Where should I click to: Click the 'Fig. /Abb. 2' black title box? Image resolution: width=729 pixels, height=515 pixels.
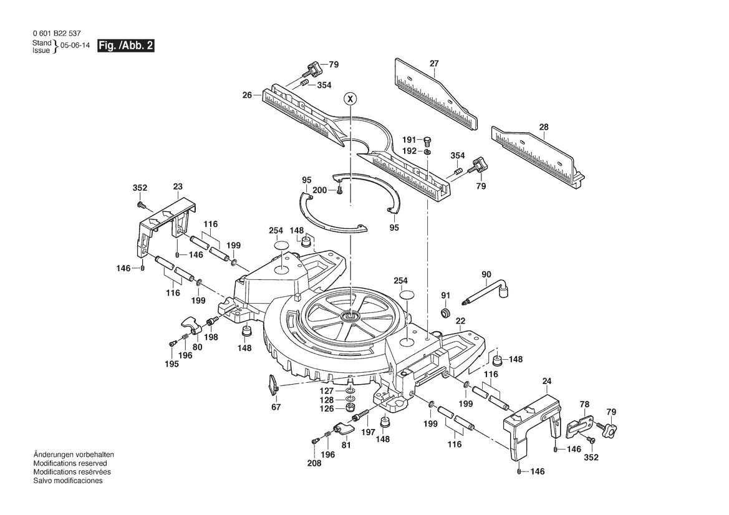tap(125, 46)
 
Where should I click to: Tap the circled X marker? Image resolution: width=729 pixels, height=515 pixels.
tap(350, 99)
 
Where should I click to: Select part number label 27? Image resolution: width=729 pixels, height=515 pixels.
tap(434, 64)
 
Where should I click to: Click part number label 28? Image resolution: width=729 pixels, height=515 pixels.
tap(544, 127)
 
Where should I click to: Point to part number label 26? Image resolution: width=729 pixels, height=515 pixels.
tap(247, 95)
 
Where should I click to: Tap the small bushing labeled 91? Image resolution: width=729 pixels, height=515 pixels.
tap(445, 311)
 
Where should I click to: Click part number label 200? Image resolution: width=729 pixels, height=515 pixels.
tap(319, 190)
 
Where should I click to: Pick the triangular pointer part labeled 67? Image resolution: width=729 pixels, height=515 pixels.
tap(273, 385)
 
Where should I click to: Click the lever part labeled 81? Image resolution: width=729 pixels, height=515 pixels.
tap(343, 429)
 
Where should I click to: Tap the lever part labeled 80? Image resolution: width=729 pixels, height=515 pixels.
tap(191, 324)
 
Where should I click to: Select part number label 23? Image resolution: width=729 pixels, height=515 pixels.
tap(178, 186)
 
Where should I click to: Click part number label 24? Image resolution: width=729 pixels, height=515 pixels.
tap(547, 381)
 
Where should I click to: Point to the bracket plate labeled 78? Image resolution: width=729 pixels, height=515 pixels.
tap(579, 426)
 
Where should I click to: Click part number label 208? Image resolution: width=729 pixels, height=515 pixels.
tap(315, 463)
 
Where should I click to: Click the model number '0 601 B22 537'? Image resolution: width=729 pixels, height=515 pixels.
tap(57, 34)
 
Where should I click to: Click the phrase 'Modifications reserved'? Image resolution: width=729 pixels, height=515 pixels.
tap(70, 463)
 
